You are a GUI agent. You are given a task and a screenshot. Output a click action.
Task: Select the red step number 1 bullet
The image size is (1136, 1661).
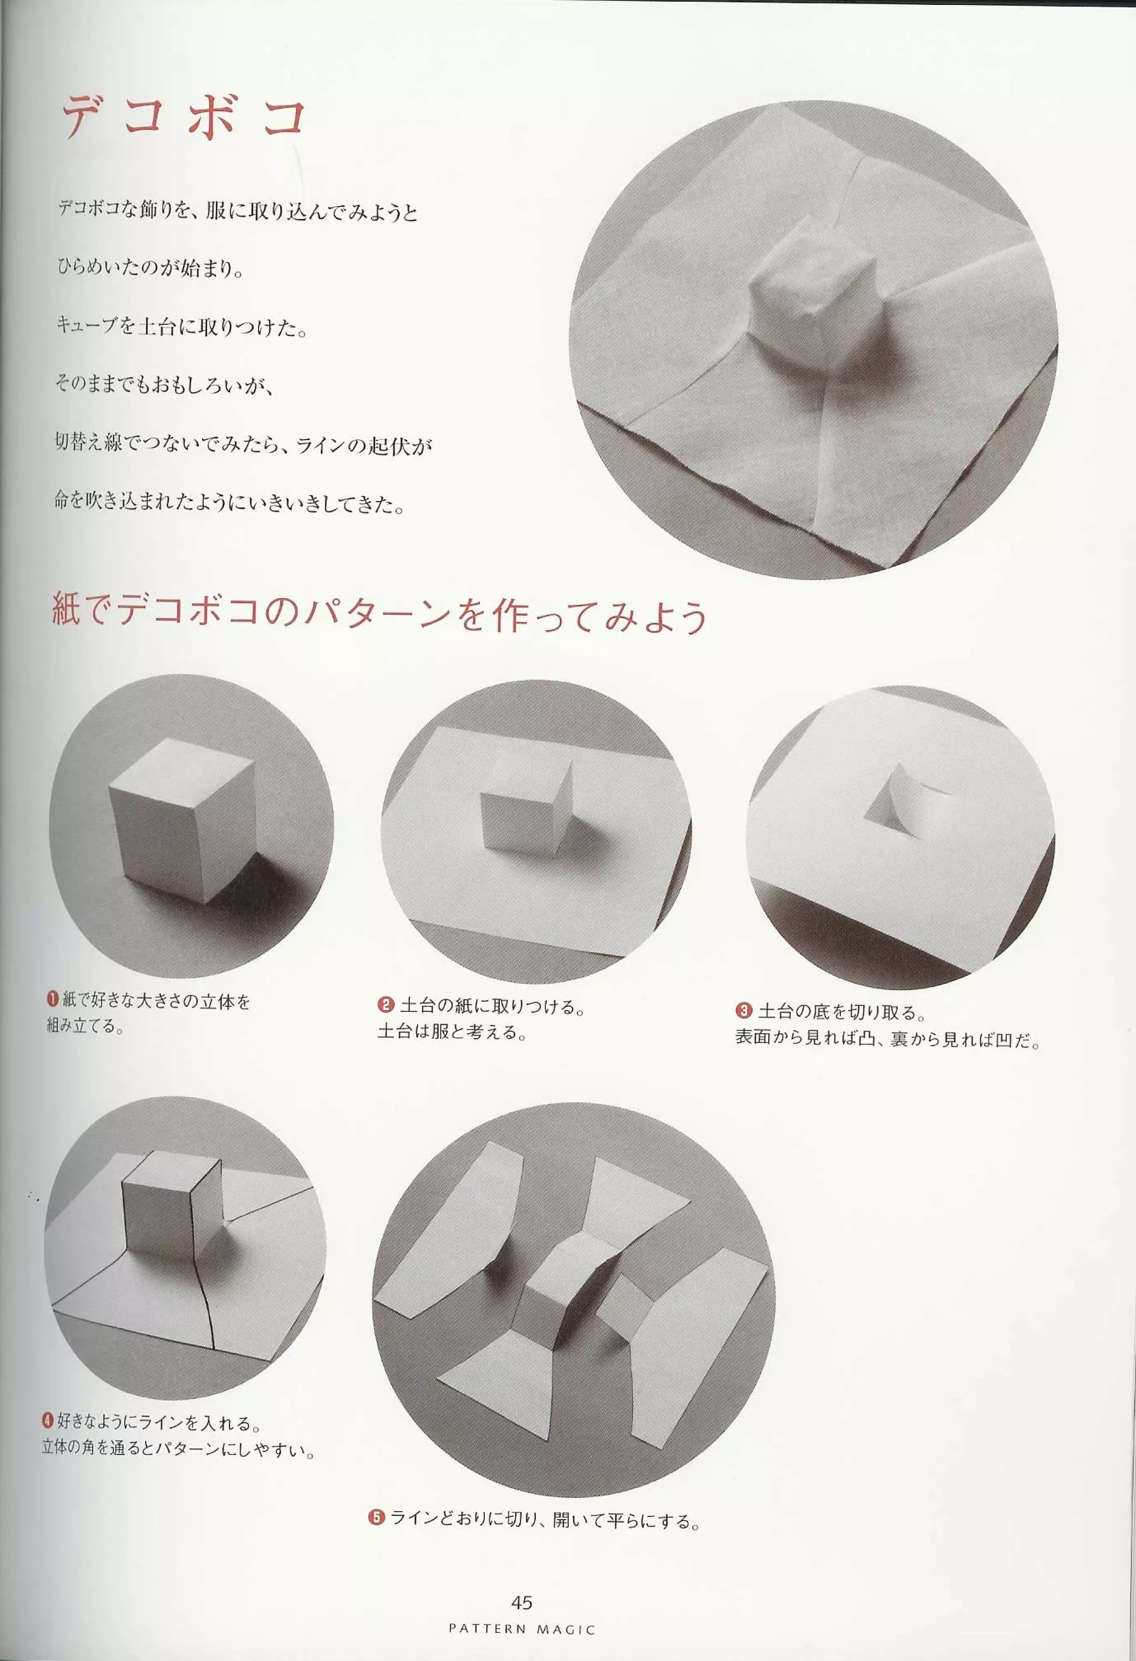(53, 999)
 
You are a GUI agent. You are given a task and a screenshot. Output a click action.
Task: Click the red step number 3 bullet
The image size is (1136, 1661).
(743, 1011)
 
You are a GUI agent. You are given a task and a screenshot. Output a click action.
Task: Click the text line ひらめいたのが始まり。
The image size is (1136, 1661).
(150, 270)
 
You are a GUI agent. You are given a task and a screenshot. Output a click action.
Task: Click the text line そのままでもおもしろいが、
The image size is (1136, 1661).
(164, 386)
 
